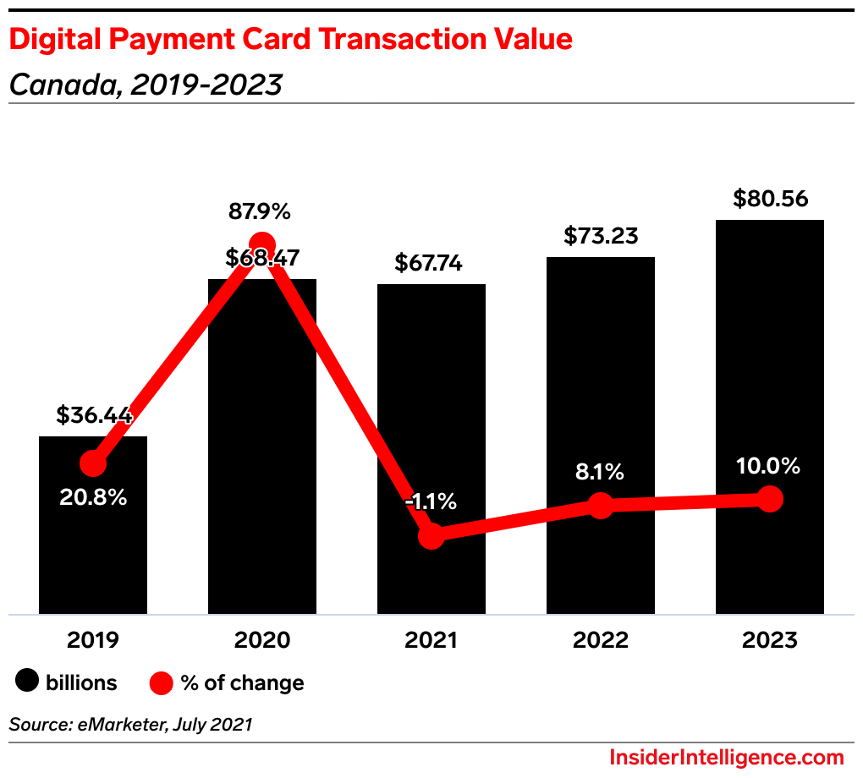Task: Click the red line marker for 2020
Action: click(262, 244)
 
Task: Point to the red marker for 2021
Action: click(431, 535)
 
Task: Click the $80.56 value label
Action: click(770, 200)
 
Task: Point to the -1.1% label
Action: click(431, 501)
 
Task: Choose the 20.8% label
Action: click(93, 497)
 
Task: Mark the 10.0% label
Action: click(768, 466)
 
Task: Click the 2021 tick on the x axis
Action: click(431, 640)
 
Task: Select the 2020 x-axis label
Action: click(262, 640)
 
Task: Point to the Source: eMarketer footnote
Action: click(131, 725)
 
